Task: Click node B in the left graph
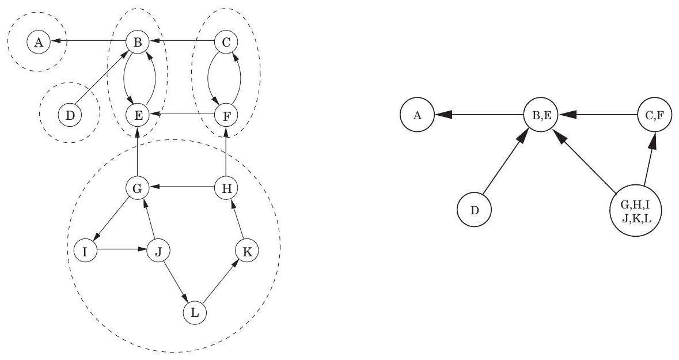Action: (x=138, y=42)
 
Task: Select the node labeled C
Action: (x=226, y=42)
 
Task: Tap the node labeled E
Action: (x=138, y=115)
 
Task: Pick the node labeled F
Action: (x=226, y=115)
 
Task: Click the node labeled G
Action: (x=138, y=188)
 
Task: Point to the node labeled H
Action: (x=226, y=188)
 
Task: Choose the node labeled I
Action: (x=85, y=251)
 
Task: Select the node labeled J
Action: (x=160, y=251)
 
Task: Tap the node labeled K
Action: (x=247, y=251)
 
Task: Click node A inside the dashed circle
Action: (x=39, y=42)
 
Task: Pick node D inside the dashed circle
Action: (x=70, y=115)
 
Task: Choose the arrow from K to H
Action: (x=237, y=219)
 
